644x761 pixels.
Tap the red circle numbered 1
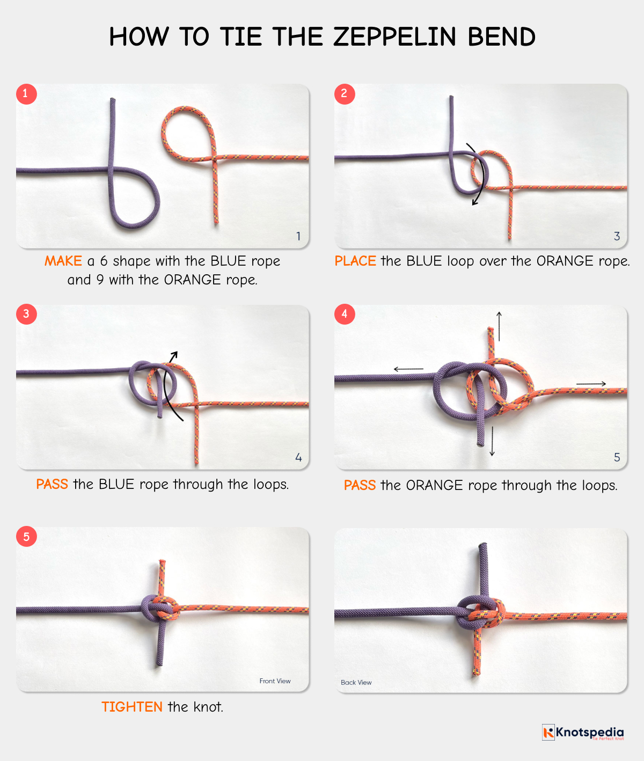(x=26, y=94)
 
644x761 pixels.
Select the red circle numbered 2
(x=345, y=94)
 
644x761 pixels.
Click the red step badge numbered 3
(x=26, y=314)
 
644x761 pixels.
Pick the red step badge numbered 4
(x=345, y=314)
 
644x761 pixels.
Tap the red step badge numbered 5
(x=26, y=537)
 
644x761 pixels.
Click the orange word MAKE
(x=63, y=261)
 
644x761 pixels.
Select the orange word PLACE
(x=355, y=261)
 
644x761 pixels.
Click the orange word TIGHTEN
(x=132, y=706)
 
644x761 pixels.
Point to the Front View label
(x=275, y=681)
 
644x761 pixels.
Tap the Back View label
(x=356, y=682)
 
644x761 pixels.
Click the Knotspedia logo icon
(x=548, y=732)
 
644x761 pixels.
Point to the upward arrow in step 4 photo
(x=499, y=326)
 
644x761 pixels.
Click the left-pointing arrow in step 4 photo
(x=408, y=369)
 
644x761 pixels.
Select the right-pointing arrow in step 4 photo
(x=591, y=384)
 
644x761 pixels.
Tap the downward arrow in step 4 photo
(x=492, y=442)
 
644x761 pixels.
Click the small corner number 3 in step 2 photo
(x=617, y=236)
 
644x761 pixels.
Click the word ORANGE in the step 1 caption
(x=192, y=280)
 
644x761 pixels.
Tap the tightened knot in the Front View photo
(x=160, y=608)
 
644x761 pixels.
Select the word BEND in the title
(x=501, y=36)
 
